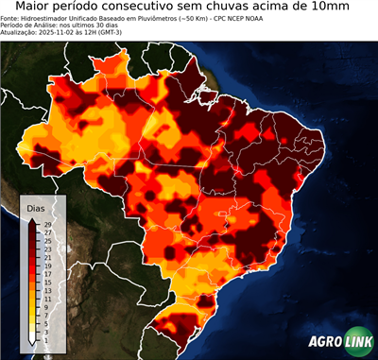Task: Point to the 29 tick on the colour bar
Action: tap(46, 224)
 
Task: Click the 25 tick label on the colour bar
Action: tap(46, 241)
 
